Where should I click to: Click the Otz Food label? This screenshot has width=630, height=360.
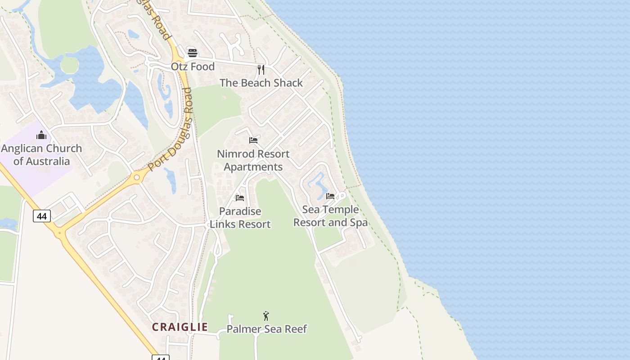[193, 67]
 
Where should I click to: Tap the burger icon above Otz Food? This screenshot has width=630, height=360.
[193, 53]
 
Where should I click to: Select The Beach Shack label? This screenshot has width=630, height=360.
[261, 83]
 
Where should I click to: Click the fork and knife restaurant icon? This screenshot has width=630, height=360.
[261, 69]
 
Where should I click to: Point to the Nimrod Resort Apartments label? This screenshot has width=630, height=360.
[253, 160]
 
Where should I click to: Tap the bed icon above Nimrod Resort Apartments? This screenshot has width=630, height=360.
[253, 140]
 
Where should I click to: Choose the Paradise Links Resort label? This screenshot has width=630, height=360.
[240, 218]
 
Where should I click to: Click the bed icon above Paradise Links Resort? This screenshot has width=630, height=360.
[240, 198]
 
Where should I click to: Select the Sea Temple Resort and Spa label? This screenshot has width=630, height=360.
[330, 216]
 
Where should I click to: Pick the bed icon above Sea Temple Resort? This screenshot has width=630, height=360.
[330, 196]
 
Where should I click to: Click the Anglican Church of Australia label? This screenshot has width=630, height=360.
[41, 155]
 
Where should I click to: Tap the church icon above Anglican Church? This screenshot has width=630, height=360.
[41, 135]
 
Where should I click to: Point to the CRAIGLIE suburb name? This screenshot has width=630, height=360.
[180, 327]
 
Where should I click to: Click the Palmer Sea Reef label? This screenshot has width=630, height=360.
[266, 329]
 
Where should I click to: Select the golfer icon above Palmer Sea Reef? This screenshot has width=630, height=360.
[266, 316]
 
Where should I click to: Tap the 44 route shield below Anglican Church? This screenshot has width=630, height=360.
[42, 216]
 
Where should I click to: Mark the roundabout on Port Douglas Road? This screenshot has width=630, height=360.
[136, 177]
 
